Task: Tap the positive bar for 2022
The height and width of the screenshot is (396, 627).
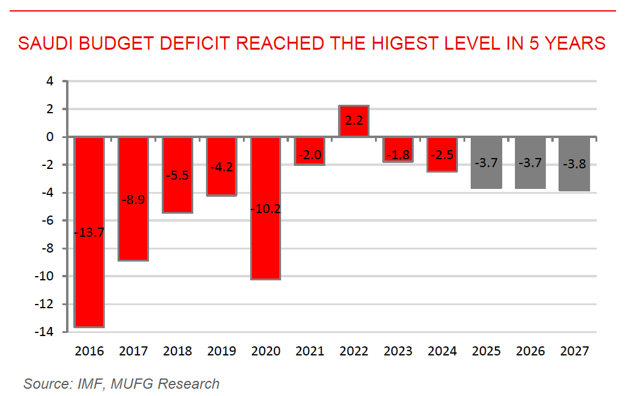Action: tap(354, 121)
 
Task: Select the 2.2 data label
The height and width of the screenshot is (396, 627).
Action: tap(354, 121)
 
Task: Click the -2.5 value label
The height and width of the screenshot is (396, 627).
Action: tap(442, 154)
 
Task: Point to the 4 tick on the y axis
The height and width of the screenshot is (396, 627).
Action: tap(50, 81)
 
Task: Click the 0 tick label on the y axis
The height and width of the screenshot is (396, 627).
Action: tap(50, 137)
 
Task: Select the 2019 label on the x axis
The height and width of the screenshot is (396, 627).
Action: tap(221, 351)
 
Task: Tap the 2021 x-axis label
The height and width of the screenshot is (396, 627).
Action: tap(310, 351)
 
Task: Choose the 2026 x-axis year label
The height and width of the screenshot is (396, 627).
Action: tap(530, 351)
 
